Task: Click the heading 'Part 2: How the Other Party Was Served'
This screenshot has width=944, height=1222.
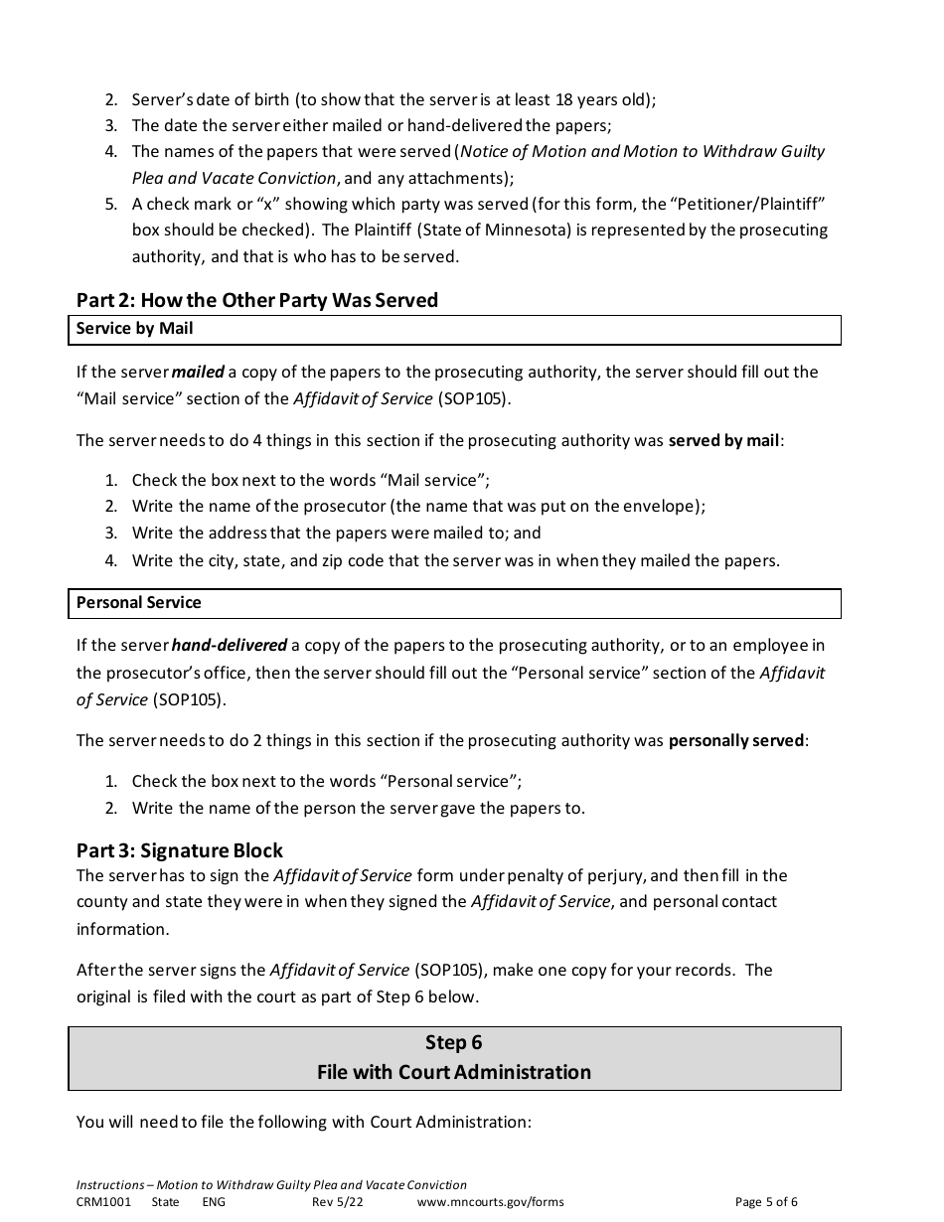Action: click(257, 300)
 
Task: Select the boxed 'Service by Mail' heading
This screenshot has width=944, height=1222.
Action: click(135, 329)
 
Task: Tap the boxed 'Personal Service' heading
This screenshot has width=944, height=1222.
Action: click(139, 603)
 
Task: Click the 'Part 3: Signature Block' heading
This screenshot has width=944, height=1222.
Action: click(180, 850)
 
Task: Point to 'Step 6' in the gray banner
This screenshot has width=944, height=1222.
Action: click(453, 1042)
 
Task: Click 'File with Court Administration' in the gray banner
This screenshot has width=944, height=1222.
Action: click(453, 1072)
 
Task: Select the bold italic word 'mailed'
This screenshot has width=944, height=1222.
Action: click(198, 372)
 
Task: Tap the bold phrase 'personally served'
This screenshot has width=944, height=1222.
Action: click(735, 741)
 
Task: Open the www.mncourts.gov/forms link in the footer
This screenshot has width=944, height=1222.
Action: click(491, 1202)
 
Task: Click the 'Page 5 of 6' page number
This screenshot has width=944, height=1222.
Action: click(766, 1202)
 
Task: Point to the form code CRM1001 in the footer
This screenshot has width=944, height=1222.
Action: click(103, 1202)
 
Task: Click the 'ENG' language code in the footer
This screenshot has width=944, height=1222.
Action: click(214, 1202)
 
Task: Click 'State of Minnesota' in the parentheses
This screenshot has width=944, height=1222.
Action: click(469, 229)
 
